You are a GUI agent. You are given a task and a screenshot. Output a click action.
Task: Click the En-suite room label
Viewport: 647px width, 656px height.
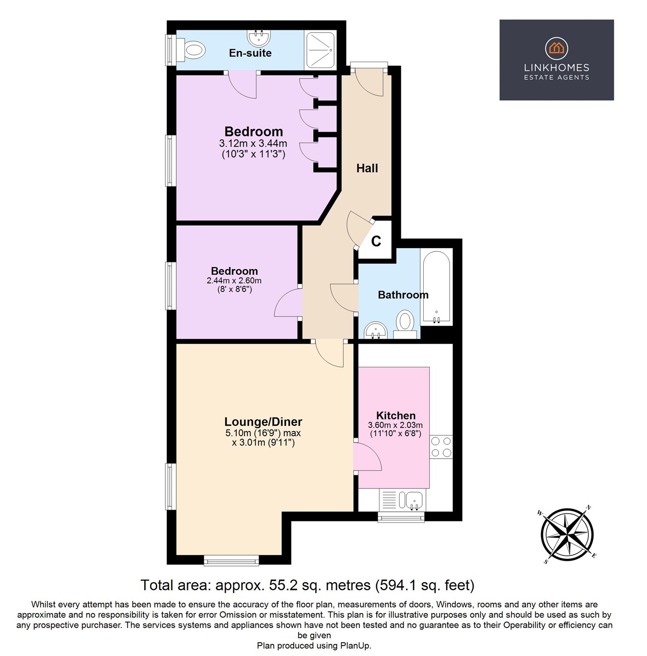click(250, 53)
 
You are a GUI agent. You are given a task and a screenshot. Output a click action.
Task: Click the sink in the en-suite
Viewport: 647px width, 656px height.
click(259, 37)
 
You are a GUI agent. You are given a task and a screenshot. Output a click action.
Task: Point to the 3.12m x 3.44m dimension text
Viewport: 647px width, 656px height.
click(253, 143)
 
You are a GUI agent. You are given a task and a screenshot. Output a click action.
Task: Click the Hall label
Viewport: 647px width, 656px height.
click(367, 168)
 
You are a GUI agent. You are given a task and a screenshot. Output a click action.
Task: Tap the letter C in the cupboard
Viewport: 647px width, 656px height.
click(376, 241)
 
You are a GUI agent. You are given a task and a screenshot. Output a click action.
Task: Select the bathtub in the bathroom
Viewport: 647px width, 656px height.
click(436, 286)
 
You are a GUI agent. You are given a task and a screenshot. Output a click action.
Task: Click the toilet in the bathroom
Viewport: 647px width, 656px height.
click(405, 322)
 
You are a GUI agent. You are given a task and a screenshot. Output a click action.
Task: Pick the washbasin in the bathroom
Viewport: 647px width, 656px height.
click(375, 330)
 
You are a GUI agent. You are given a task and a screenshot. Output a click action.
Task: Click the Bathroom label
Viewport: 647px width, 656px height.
click(403, 295)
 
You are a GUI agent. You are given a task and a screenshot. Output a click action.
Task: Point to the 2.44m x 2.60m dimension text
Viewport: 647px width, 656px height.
click(234, 281)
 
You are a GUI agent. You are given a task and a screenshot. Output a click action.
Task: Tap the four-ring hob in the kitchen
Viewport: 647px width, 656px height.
click(441, 447)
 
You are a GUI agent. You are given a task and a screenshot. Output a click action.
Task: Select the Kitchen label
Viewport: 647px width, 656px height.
click(395, 416)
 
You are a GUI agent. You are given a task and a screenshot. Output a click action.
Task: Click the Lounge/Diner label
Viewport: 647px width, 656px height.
click(263, 422)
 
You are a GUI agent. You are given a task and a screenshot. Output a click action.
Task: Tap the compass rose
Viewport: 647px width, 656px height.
click(567, 534)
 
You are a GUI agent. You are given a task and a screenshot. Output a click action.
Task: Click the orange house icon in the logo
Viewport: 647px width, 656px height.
click(556, 48)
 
